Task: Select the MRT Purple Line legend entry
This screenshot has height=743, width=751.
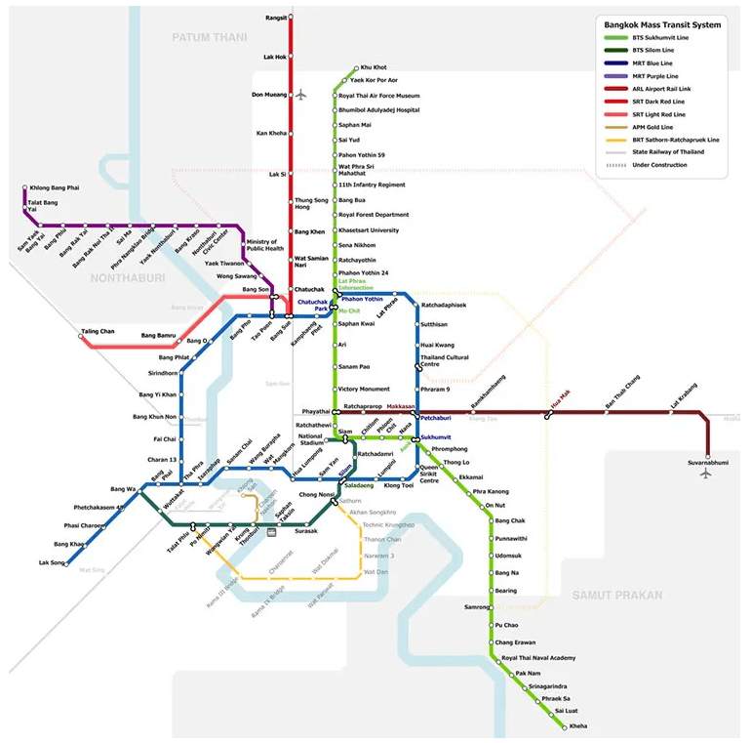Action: [654, 75]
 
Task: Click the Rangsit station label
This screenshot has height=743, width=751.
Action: [277, 18]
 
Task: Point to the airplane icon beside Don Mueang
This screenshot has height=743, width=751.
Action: [301, 95]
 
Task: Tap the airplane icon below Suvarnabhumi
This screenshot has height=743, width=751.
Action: [707, 474]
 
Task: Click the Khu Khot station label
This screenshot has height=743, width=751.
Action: [374, 67]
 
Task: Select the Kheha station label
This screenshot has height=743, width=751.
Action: [578, 726]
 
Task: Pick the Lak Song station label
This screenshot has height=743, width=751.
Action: [52, 562]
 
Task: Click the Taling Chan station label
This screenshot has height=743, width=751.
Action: [98, 331]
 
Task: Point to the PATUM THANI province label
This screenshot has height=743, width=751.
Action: [211, 37]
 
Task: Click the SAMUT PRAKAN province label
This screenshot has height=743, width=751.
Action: [616, 595]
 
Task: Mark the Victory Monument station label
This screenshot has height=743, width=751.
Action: [364, 389]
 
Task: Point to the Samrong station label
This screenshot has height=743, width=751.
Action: [477, 607]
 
